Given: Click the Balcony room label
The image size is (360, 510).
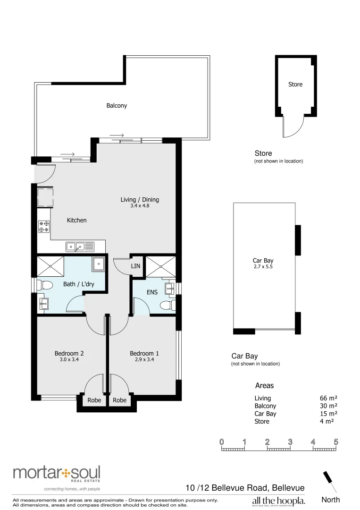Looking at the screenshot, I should coord(117,106).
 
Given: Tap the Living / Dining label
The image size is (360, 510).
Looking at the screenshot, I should coord(140,200).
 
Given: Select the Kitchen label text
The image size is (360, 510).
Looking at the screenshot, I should coord(76,220).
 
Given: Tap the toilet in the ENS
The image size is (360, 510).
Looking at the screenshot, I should coord(167,306).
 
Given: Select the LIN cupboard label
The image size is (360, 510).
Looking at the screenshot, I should coord(136,266).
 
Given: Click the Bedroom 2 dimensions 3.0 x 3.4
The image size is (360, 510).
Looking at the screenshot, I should coord(69,360).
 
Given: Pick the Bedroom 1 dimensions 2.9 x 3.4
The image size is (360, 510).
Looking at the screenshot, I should coord(144,360).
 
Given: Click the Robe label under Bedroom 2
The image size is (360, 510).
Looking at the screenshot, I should coord(94,400).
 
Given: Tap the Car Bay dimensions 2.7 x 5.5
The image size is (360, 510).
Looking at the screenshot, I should coord(263,267).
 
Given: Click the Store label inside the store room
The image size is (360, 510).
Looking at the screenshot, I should coord(295,85).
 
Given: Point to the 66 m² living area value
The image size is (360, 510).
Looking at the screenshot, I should coord(328,399).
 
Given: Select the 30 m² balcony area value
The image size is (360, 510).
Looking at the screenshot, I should coord(328,406).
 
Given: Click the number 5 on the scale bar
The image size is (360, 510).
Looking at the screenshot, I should coord(336,442).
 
